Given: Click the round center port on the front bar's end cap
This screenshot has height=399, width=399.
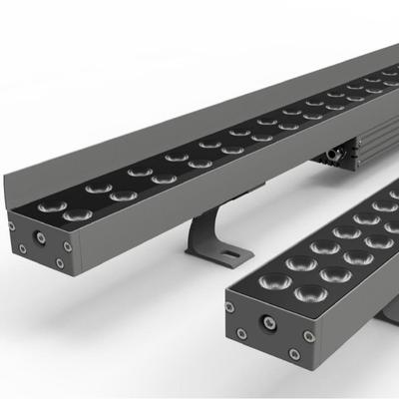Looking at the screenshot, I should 267,323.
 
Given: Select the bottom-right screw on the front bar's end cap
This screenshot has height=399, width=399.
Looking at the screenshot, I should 293,353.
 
